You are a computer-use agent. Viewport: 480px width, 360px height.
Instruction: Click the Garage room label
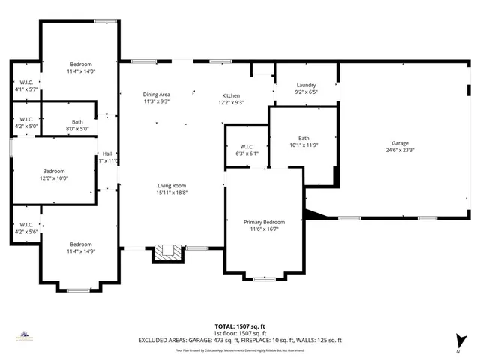coord(400,142)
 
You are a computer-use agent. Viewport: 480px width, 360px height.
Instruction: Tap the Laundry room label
coord(306,85)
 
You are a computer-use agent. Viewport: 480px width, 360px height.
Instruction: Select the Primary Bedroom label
coord(264,222)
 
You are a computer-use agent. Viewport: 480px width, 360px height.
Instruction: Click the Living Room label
coord(172,186)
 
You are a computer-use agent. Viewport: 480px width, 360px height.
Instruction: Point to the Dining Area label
coord(157,94)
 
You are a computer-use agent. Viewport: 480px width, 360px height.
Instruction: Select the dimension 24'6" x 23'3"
coord(400,150)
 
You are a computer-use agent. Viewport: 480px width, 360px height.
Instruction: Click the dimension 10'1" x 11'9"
coord(304,145)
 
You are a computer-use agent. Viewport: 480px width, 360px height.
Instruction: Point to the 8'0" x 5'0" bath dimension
coord(77,129)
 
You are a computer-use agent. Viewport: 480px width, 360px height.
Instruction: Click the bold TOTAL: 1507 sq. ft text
coord(240,326)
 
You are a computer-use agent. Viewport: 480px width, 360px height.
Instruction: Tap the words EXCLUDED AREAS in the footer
coord(164,340)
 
